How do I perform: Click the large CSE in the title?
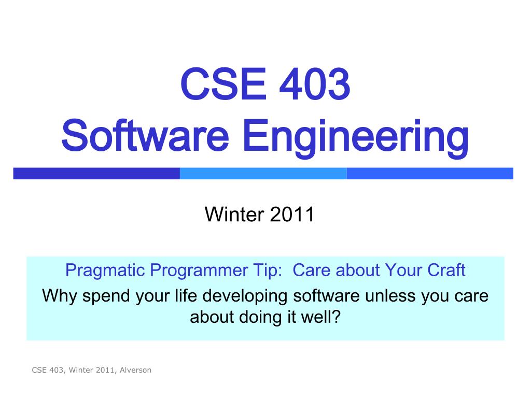pyautogui.click(x=223, y=84)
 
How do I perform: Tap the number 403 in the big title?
pyautogui.click(x=314, y=84)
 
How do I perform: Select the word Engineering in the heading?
pyautogui.click(x=356, y=137)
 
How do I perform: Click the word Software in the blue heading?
pyautogui.click(x=145, y=135)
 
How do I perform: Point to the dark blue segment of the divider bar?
pyautogui.click(x=96, y=173)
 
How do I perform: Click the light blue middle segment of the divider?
pyautogui.click(x=263, y=173)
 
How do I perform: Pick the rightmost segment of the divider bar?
pyautogui.click(x=430, y=173)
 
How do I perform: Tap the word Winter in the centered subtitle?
pyautogui.click(x=234, y=214)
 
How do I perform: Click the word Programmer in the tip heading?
pyautogui.click(x=199, y=271)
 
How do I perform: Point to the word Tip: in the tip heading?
pyautogui.click(x=268, y=270)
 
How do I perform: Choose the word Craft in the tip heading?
pyautogui.click(x=446, y=269)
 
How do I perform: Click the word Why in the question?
pyautogui.click(x=60, y=296)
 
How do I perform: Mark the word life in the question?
pyautogui.click(x=186, y=295)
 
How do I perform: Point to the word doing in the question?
pyautogui.click(x=260, y=318)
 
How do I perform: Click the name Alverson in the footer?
pyautogui.click(x=135, y=370)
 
